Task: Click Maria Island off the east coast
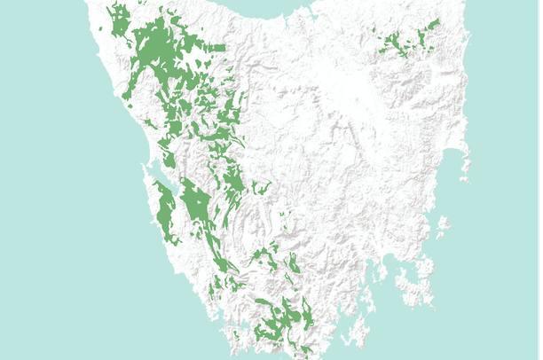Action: (x=441, y=228)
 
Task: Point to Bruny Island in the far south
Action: (x=358, y=333)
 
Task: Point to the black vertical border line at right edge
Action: (x=541, y=177)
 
